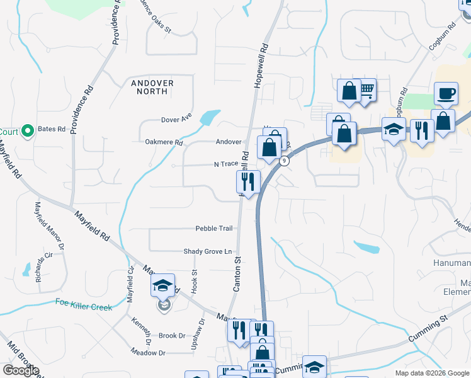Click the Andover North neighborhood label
click(x=149, y=87)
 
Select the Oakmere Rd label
click(x=164, y=142)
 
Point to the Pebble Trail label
click(x=214, y=228)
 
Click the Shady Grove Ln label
click(x=208, y=251)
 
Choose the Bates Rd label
click(x=52, y=129)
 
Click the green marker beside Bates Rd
click(x=26, y=131)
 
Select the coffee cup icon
click(x=446, y=94)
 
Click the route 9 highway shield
click(x=285, y=161)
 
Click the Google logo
click(x=21, y=370)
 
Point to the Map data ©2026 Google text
click(x=431, y=373)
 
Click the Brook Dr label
click(x=172, y=336)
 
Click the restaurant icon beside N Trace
click(x=248, y=181)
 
